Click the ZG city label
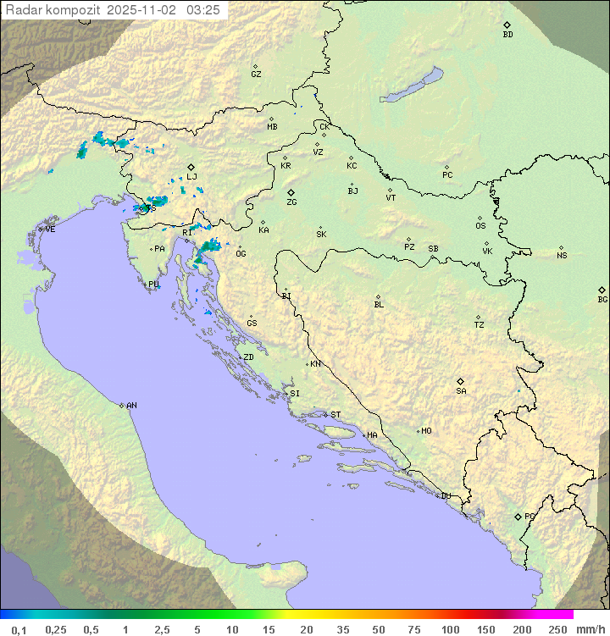pyautogui.click(x=291, y=202)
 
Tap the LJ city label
pyautogui.click(x=191, y=176)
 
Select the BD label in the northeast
pyautogui.click(x=507, y=35)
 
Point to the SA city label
pyautogui.click(x=461, y=390)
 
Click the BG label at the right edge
pyautogui.click(x=602, y=299)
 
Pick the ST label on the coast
pyautogui.click(x=335, y=415)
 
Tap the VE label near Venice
pyautogui.click(x=50, y=230)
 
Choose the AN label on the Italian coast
pyautogui.click(x=131, y=406)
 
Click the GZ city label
pyautogui.click(x=256, y=74)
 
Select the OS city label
pyautogui.click(x=480, y=226)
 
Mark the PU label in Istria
pyautogui.click(x=153, y=285)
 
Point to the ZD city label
pyautogui.click(x=248, y=357)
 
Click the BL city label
pyautogui.click(x=379, y=304)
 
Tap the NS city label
pyautogui.click(x=562, y=255)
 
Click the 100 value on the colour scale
pyautogui.click(x=450, y=629)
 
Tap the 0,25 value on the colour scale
pyautogui.click(x=56, y=629)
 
